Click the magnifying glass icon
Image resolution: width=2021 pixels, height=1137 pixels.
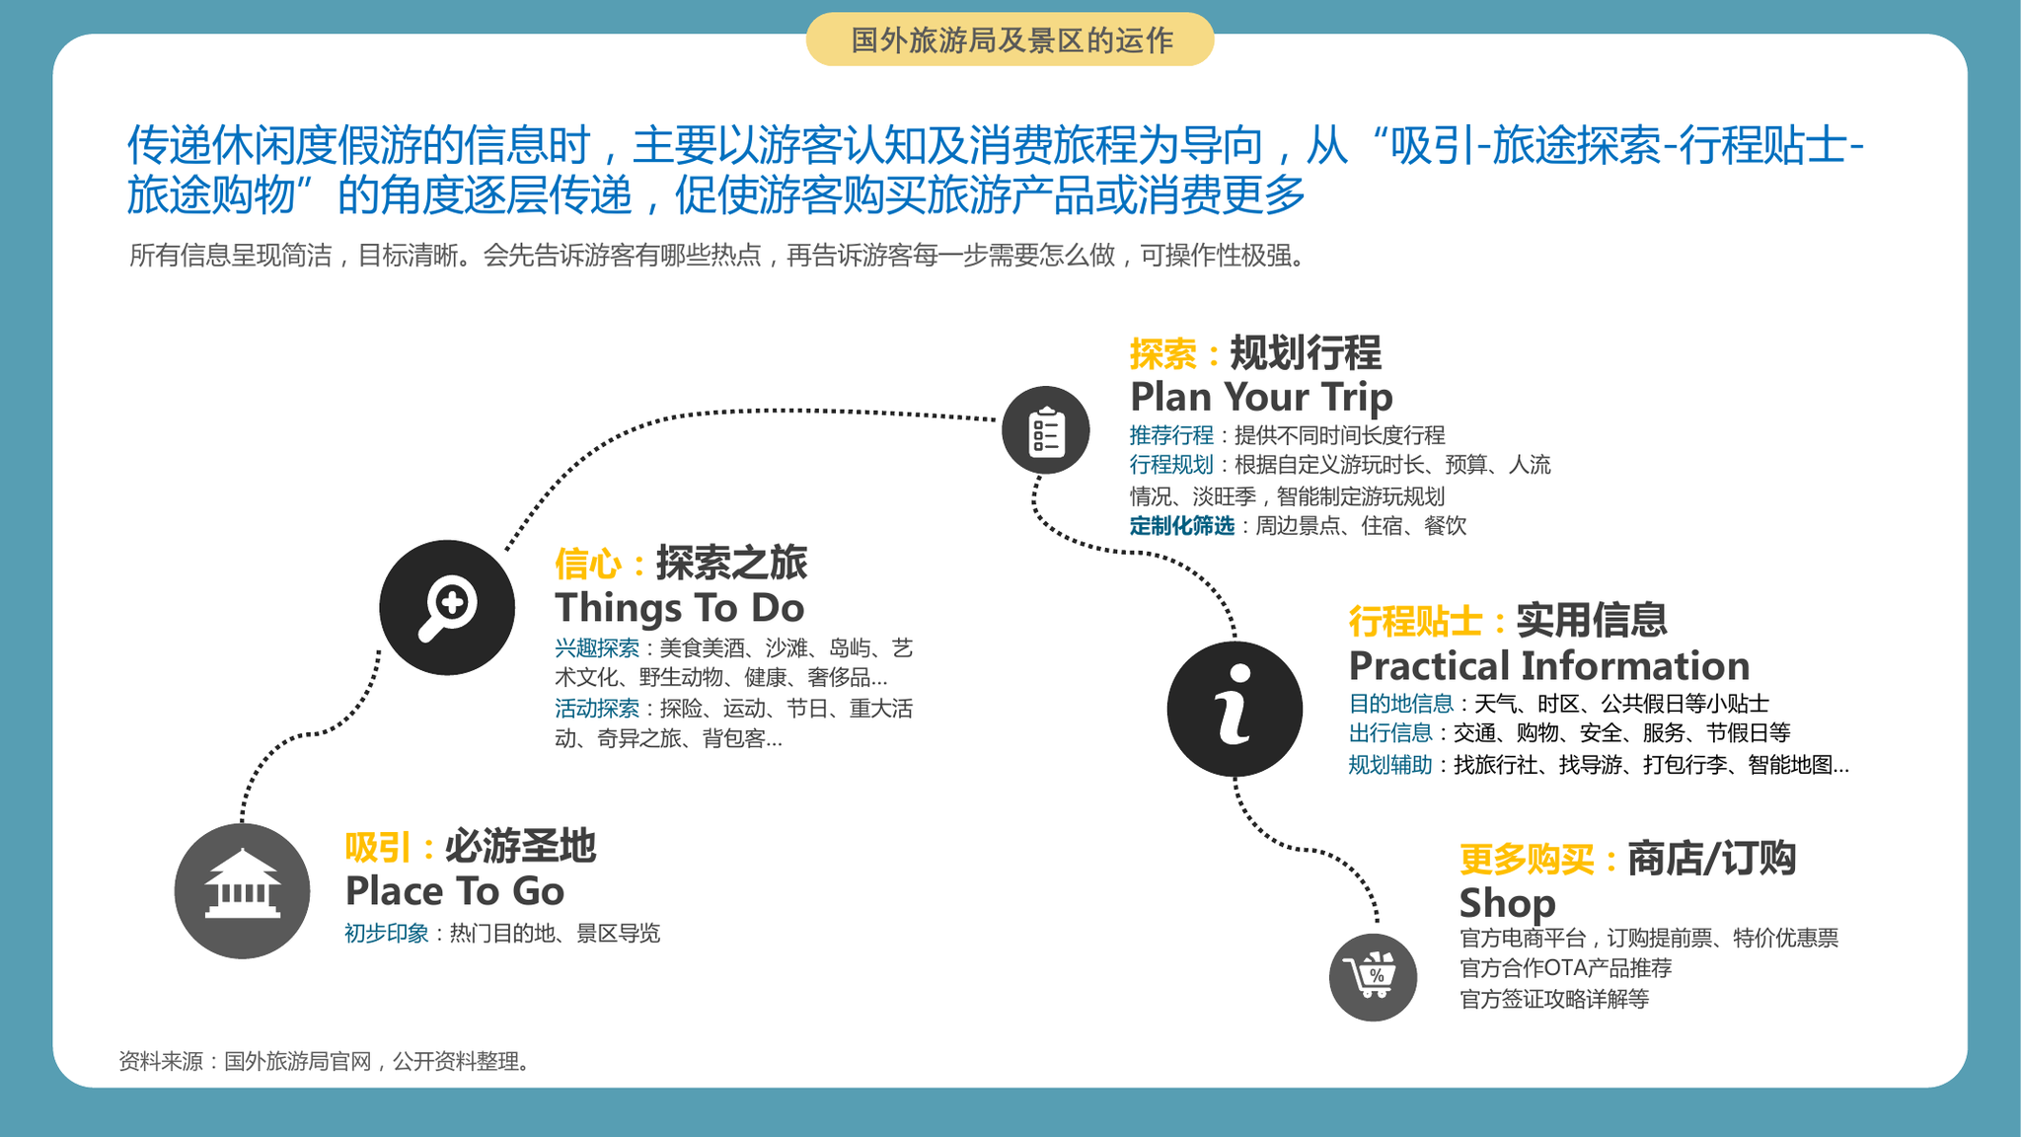447,607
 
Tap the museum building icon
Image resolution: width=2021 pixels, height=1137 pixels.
242,890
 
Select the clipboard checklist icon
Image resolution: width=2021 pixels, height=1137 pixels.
1045,430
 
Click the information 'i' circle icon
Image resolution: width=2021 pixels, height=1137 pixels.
1235,709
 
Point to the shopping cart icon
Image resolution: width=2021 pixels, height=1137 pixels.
1373,977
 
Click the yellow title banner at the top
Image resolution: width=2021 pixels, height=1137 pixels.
1010,39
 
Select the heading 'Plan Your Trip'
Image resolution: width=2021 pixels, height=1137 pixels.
1261,397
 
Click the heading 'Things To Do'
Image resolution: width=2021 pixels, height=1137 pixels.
680,608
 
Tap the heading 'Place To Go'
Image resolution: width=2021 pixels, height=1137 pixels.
455,891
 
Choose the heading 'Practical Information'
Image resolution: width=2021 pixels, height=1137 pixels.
1549,666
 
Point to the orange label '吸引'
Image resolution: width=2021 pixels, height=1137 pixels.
378,848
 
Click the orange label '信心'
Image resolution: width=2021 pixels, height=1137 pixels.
588,565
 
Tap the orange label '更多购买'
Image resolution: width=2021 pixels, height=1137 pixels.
1527,860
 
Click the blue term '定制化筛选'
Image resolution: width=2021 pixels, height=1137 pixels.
1182,526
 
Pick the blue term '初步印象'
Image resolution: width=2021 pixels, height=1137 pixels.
387,934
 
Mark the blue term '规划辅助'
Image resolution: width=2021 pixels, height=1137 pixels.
1390,765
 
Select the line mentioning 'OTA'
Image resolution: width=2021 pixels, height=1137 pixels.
1566,968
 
